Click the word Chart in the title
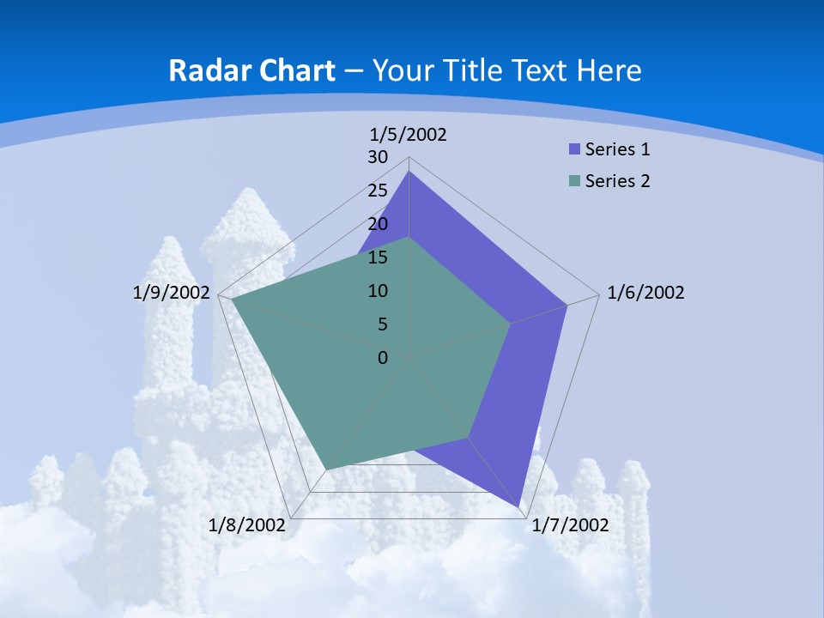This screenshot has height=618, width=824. [x=294, y=70]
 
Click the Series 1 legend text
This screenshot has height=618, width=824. [x=617, y=149]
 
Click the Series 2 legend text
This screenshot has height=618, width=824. [x=617, y=181]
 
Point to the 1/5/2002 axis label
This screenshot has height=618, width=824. [x=409, y=134]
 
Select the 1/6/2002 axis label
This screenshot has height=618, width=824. [x=645, y=293]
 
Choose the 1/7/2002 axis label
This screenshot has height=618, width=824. [x=571, y=525]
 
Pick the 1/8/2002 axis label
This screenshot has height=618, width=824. [x=247, y=525]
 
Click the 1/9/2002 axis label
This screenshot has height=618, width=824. [x=172, y=293]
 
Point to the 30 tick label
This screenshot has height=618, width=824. [x=378, y=157]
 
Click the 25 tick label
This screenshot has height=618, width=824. [x=378, y=191]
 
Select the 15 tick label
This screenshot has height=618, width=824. [x=378, y=257]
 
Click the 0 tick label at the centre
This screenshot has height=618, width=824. [x=383, y=358]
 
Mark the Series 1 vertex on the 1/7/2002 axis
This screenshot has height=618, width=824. [x=519, y=506]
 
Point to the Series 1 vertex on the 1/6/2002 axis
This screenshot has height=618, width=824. [x=567, y=305]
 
